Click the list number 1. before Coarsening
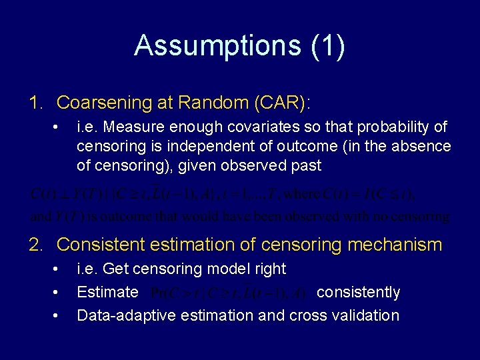click(x=37, y=103)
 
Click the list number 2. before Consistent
click(x=37, y=245)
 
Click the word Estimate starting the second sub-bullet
click(x=107, y=293)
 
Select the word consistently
click(x=358, y=293)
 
